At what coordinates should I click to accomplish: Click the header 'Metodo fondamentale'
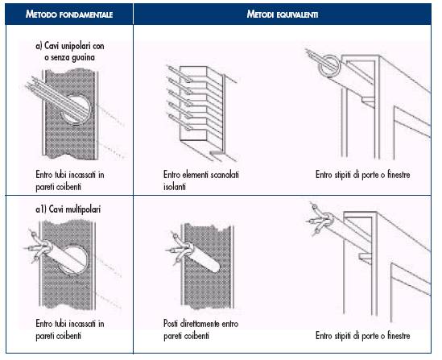pyautogui.click(x=69, y=14)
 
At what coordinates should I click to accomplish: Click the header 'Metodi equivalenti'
pyautogui.click(x=283, y=14)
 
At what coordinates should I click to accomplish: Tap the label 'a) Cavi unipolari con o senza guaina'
pyautogui.click(x=70, y=52)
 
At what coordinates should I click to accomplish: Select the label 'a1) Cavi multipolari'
pyautogui.click(x=68, y=209)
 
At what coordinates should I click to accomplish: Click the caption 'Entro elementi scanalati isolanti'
pyautogui.click(x=201, y=180)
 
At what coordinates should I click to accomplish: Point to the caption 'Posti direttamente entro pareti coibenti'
pyautogui.click(x=201, y=329)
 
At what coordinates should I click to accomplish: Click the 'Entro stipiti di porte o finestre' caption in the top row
pyautogui.click(x=363, y=175)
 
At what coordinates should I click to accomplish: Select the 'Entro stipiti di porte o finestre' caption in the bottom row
pyautogui.click(x=363, y=336)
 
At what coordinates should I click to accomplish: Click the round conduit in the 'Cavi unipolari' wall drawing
pyautogui.click(x=76, y=110)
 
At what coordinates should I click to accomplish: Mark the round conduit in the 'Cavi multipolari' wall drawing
pyautogui.click(x=74, y=260)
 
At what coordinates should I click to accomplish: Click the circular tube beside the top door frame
pyautogui.click(x=329, y=66)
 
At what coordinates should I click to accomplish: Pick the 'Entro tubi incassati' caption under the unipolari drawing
pyautogui.click(x=70, y=180)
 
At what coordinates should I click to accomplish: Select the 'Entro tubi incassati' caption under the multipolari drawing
pyautogui.click(x=70, y=329)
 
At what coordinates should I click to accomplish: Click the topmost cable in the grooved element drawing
pyautogui.click(x=180, y=74)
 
